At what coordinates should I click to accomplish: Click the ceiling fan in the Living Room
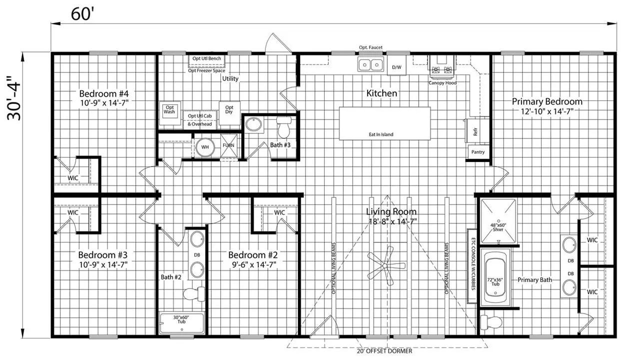[386, 265]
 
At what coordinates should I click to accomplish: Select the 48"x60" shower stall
[498, 220]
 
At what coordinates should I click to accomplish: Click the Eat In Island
[385, 123]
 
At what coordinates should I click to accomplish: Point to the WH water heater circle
[204, 147]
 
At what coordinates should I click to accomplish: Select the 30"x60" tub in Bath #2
[182, 323]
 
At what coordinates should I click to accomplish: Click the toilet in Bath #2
[192, 293]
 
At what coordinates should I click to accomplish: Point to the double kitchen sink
[371, 64]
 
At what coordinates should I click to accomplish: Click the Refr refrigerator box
[475, 131]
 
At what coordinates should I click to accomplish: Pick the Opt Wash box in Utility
[169, 110]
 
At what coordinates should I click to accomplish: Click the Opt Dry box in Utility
[229, 110]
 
